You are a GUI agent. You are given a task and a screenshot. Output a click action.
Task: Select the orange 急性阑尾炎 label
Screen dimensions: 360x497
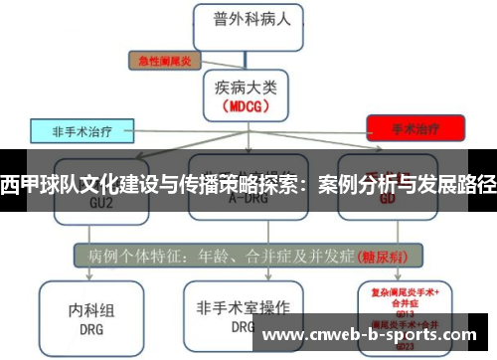[165, 60]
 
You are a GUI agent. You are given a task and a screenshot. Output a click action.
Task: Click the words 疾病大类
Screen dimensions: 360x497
[248, 86]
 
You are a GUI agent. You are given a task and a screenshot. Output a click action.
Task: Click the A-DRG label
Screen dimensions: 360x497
[248, 199]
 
